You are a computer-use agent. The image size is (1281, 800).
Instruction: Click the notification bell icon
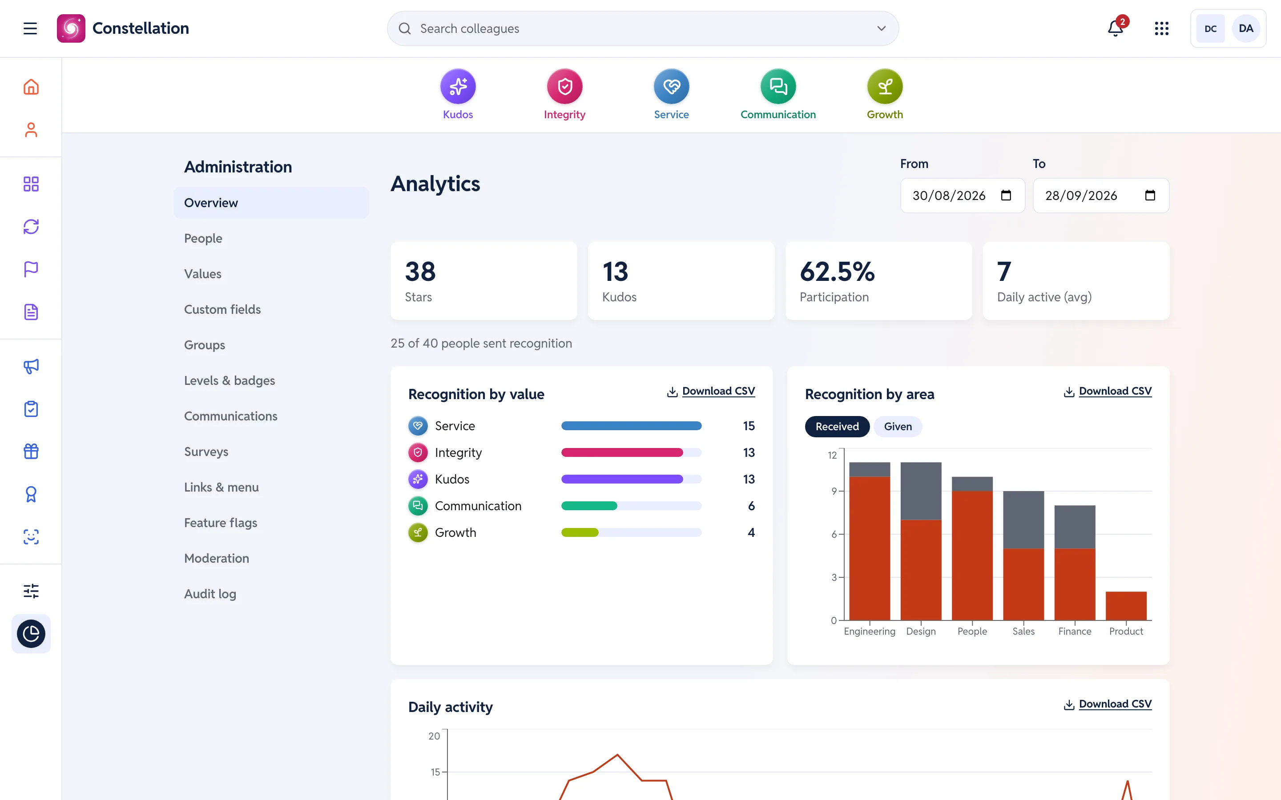click(x=1116, y=28)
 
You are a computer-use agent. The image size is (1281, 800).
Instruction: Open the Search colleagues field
click(x=643, y=28)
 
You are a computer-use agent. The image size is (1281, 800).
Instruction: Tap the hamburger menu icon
click(x=30, y=28)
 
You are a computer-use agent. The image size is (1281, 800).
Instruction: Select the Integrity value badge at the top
click(x=564, y=86)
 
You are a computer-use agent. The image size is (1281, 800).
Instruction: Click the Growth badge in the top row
click(x=885, y=86)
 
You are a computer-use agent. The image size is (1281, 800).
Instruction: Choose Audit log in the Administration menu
click(x=210, y=594)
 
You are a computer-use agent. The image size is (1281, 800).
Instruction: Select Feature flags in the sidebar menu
click(x=221, y=523)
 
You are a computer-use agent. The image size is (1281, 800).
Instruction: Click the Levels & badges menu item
click(x=230, y=380)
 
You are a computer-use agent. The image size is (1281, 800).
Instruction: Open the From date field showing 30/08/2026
click(x=963, y=196)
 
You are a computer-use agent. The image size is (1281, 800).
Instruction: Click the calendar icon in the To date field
click(x=1150, y=195)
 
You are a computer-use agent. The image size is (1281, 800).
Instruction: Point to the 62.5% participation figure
click(x=837, y=272)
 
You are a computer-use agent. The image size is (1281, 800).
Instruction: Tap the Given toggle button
click(x=898, y=427)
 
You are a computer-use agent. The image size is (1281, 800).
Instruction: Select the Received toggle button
click(x=837, y=427)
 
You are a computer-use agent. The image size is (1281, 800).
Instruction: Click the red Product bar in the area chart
click(x=1126, y=606)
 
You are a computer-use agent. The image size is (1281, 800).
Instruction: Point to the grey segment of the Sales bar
click(x=1023, y=520)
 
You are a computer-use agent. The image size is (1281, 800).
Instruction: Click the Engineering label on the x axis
click(x=869, y=631)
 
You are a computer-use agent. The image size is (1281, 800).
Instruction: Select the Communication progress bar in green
click(x=589, y=506)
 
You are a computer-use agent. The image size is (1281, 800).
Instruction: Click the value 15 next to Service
click(x=749, y=426)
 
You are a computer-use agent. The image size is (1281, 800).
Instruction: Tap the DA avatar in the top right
click(x=1245, y=28)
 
